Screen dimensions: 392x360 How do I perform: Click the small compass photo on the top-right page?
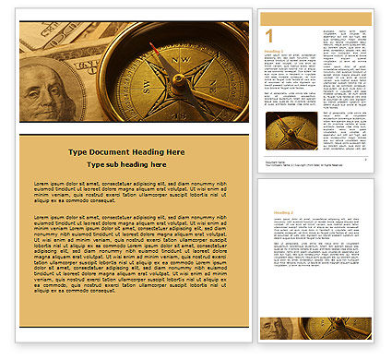(291, 131)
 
